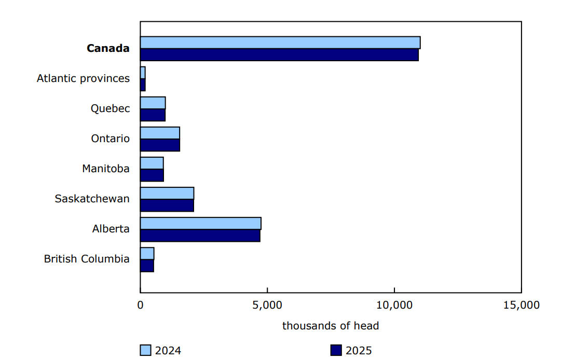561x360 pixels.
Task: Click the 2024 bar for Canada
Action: pos(280,43)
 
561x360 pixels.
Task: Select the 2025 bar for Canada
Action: pos(279,55)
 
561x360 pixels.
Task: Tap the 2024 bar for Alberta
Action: pos(200,224)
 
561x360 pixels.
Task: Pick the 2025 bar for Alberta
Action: pos(200,236)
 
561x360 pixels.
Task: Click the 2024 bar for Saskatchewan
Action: pos(167,193)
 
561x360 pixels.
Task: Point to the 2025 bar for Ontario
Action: pos(160,145)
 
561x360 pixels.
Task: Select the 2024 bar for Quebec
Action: pos(153,103)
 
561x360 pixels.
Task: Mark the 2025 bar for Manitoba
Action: pos(152,175)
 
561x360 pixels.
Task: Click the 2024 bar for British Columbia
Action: pos(147,254)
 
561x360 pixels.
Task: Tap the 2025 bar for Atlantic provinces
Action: pos(143,85)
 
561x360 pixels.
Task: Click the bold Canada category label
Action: pos(108,48)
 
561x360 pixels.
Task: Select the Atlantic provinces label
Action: pos(83,78)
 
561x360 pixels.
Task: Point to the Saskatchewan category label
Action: pos(92,199)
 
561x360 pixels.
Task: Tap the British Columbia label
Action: pos(87,259)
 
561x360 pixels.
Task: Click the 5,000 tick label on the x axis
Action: pos(267,305)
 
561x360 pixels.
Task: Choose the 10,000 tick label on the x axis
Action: pos(394,305)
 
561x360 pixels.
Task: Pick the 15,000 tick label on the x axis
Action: pos(521,305)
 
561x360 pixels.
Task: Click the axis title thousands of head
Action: pos(331,326)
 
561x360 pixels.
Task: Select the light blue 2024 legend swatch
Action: pos(146,351)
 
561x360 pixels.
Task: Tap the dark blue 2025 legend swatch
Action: pos(336,351)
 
